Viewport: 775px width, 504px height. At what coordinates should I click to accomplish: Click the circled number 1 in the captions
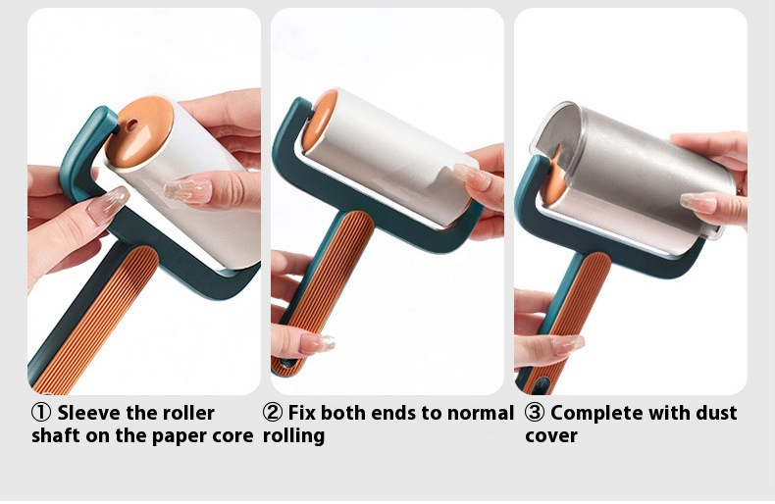click(40, 413)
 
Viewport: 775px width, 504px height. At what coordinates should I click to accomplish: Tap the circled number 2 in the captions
click(273, 413)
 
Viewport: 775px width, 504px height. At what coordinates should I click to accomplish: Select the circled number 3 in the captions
click(534, 413)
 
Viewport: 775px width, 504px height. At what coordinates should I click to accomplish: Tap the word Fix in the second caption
click(301, 413)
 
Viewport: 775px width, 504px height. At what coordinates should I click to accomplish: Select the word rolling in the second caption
click(293, 436)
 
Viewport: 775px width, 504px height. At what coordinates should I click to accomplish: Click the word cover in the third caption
click(551, 436)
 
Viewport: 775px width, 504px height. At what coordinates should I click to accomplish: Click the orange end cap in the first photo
click(139, 132)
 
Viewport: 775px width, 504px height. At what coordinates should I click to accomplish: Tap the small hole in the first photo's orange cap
click(131, 125)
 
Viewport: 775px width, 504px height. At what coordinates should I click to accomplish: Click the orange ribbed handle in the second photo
click(324, 285)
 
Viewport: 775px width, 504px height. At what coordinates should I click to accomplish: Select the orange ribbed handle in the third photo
click(567, 321)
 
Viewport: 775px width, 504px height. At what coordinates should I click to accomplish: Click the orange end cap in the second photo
click(318, 120)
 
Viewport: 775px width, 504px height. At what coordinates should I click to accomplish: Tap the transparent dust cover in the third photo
click(633, 168)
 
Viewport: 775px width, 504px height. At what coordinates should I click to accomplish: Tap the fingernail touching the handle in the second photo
click(316, 343)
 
